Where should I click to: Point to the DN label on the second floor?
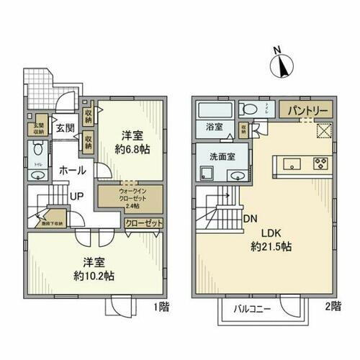click(x=251, y=219)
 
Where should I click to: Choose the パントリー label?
click(x=309, y=112)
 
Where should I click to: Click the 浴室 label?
click(x=214, y=127)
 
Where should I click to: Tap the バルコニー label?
click(x=252, y=309)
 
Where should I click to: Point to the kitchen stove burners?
click(x=319, y=162)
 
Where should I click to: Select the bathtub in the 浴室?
click(x=214, y=109)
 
